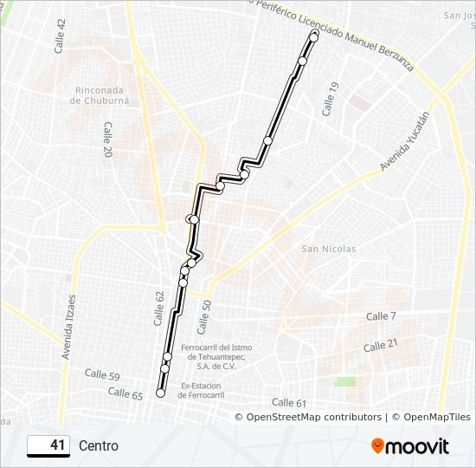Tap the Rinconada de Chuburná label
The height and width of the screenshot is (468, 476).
(x=103, y=94)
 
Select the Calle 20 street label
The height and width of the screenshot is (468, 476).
(x=107, y=139)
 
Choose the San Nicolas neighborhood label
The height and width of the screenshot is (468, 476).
(x=328, y=249)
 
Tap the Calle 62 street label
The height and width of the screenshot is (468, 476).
(x=159, y=308)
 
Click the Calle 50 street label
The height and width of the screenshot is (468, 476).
(x=205, y=317)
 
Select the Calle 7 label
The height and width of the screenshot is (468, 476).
(x=381, y=316)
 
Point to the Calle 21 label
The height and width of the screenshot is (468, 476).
(x=381, y=345)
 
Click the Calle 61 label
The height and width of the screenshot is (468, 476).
(x=289, y=402)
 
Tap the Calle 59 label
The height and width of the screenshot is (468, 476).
(x=102, y=374)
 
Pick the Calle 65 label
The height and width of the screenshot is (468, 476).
(x=125, y=393)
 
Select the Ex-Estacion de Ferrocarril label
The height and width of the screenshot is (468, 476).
(x=203, y=390)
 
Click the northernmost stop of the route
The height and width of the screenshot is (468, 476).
(x=313, y=37)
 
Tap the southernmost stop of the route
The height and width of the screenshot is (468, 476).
(x=160, y=393)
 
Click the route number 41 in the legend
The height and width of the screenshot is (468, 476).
(x=57, y=445)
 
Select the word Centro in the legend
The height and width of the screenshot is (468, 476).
(x=99, y=446)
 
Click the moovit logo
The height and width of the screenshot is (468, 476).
(x=409, y=446)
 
